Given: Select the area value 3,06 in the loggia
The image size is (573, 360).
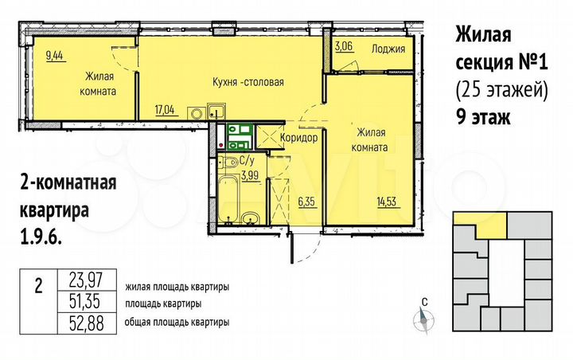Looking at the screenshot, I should tap(344, 48).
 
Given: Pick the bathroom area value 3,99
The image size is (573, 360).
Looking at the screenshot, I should tap(249, 174).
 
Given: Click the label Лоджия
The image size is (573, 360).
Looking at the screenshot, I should tap(388, 49).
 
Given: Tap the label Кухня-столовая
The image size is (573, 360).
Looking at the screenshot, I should tap(248, 82).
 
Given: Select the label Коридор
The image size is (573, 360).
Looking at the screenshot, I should tap(299, 138).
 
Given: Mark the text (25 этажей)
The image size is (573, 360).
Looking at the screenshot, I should tap(501, 90).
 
